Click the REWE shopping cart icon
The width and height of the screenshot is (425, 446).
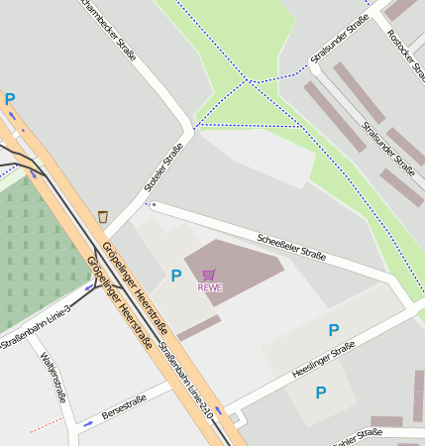pos(208,275)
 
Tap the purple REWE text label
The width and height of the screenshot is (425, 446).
pos(209,287)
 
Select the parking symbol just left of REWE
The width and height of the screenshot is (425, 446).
pos(176,276)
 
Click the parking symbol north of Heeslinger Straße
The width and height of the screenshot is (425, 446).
pos(334,330)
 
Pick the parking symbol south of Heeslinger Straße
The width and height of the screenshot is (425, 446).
pos(320,392)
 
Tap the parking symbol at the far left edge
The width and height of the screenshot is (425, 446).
pos(10,99)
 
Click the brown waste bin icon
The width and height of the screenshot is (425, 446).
pos(103,216)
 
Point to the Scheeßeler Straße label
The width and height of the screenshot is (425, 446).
pos(291,246)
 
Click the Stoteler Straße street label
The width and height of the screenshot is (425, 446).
pos(164,167)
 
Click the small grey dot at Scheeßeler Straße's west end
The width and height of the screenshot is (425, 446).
pos(154,205)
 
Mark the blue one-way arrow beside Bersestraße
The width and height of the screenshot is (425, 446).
pos(88,423)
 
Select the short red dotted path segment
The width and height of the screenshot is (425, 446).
pos(46,424)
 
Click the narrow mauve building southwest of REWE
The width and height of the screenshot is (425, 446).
pos(199,328)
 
